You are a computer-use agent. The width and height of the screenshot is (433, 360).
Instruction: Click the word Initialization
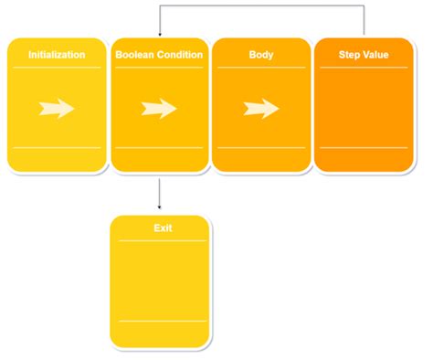pyautogui.click(x=57, y=55)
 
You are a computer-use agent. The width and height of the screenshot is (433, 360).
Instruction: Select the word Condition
pyautogui.click(x=180, y=55)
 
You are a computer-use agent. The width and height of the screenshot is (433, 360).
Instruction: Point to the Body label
pyautogui.click(x=261, y=55)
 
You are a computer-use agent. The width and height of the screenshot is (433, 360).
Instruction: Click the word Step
pyautogui.click(x=350, y=55)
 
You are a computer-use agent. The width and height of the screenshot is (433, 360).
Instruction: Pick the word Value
pyautogui.click(x=376, y=55)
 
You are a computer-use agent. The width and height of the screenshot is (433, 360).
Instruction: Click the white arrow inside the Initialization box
pyautogui.click(x=57, y=109)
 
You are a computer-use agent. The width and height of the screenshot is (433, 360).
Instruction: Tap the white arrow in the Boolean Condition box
pyautogui.click(x=159, y=109)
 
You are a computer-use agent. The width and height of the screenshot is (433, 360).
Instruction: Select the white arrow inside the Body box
pyautogui.click(x=261, y=109)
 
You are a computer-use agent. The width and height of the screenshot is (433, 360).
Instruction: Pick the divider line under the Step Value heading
pyautogui.click(x=364, y=68)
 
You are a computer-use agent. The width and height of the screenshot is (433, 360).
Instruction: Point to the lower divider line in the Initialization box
pyautogui.click(x=57, y=147)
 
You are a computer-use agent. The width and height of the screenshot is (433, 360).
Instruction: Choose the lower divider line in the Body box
pyautogui.click(x=261, y=147)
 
